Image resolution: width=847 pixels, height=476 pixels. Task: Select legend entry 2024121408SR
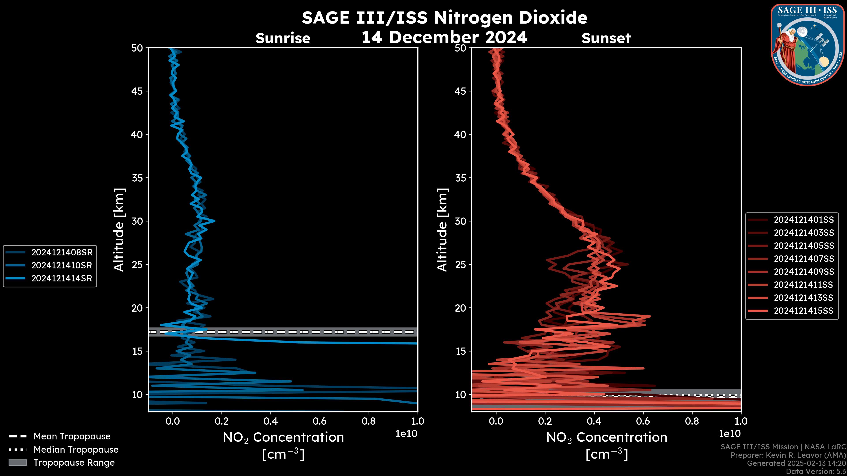pos(62,252)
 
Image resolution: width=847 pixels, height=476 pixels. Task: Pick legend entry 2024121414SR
pos(62,278)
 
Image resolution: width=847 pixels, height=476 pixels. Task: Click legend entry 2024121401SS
pos(804,219)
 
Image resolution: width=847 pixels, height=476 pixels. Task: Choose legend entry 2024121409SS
pos(804,272)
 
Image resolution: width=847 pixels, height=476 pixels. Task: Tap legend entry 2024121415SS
pos(804,311)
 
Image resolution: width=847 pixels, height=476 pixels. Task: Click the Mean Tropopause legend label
pos(72,436)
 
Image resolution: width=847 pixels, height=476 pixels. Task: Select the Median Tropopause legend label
pos(76,449)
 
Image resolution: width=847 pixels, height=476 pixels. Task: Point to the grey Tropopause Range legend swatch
pos(17,463)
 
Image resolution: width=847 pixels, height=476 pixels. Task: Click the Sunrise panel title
pos(283,38)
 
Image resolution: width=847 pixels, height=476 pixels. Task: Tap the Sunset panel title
pos(606,38)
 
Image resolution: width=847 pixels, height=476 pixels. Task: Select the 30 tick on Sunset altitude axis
pos(461,221)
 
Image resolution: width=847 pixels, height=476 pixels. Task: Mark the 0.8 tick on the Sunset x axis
pos(692,421)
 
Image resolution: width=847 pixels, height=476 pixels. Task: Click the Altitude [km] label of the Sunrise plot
pos(119,230)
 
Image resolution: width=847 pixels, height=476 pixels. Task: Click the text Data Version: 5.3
pos(815,471)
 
